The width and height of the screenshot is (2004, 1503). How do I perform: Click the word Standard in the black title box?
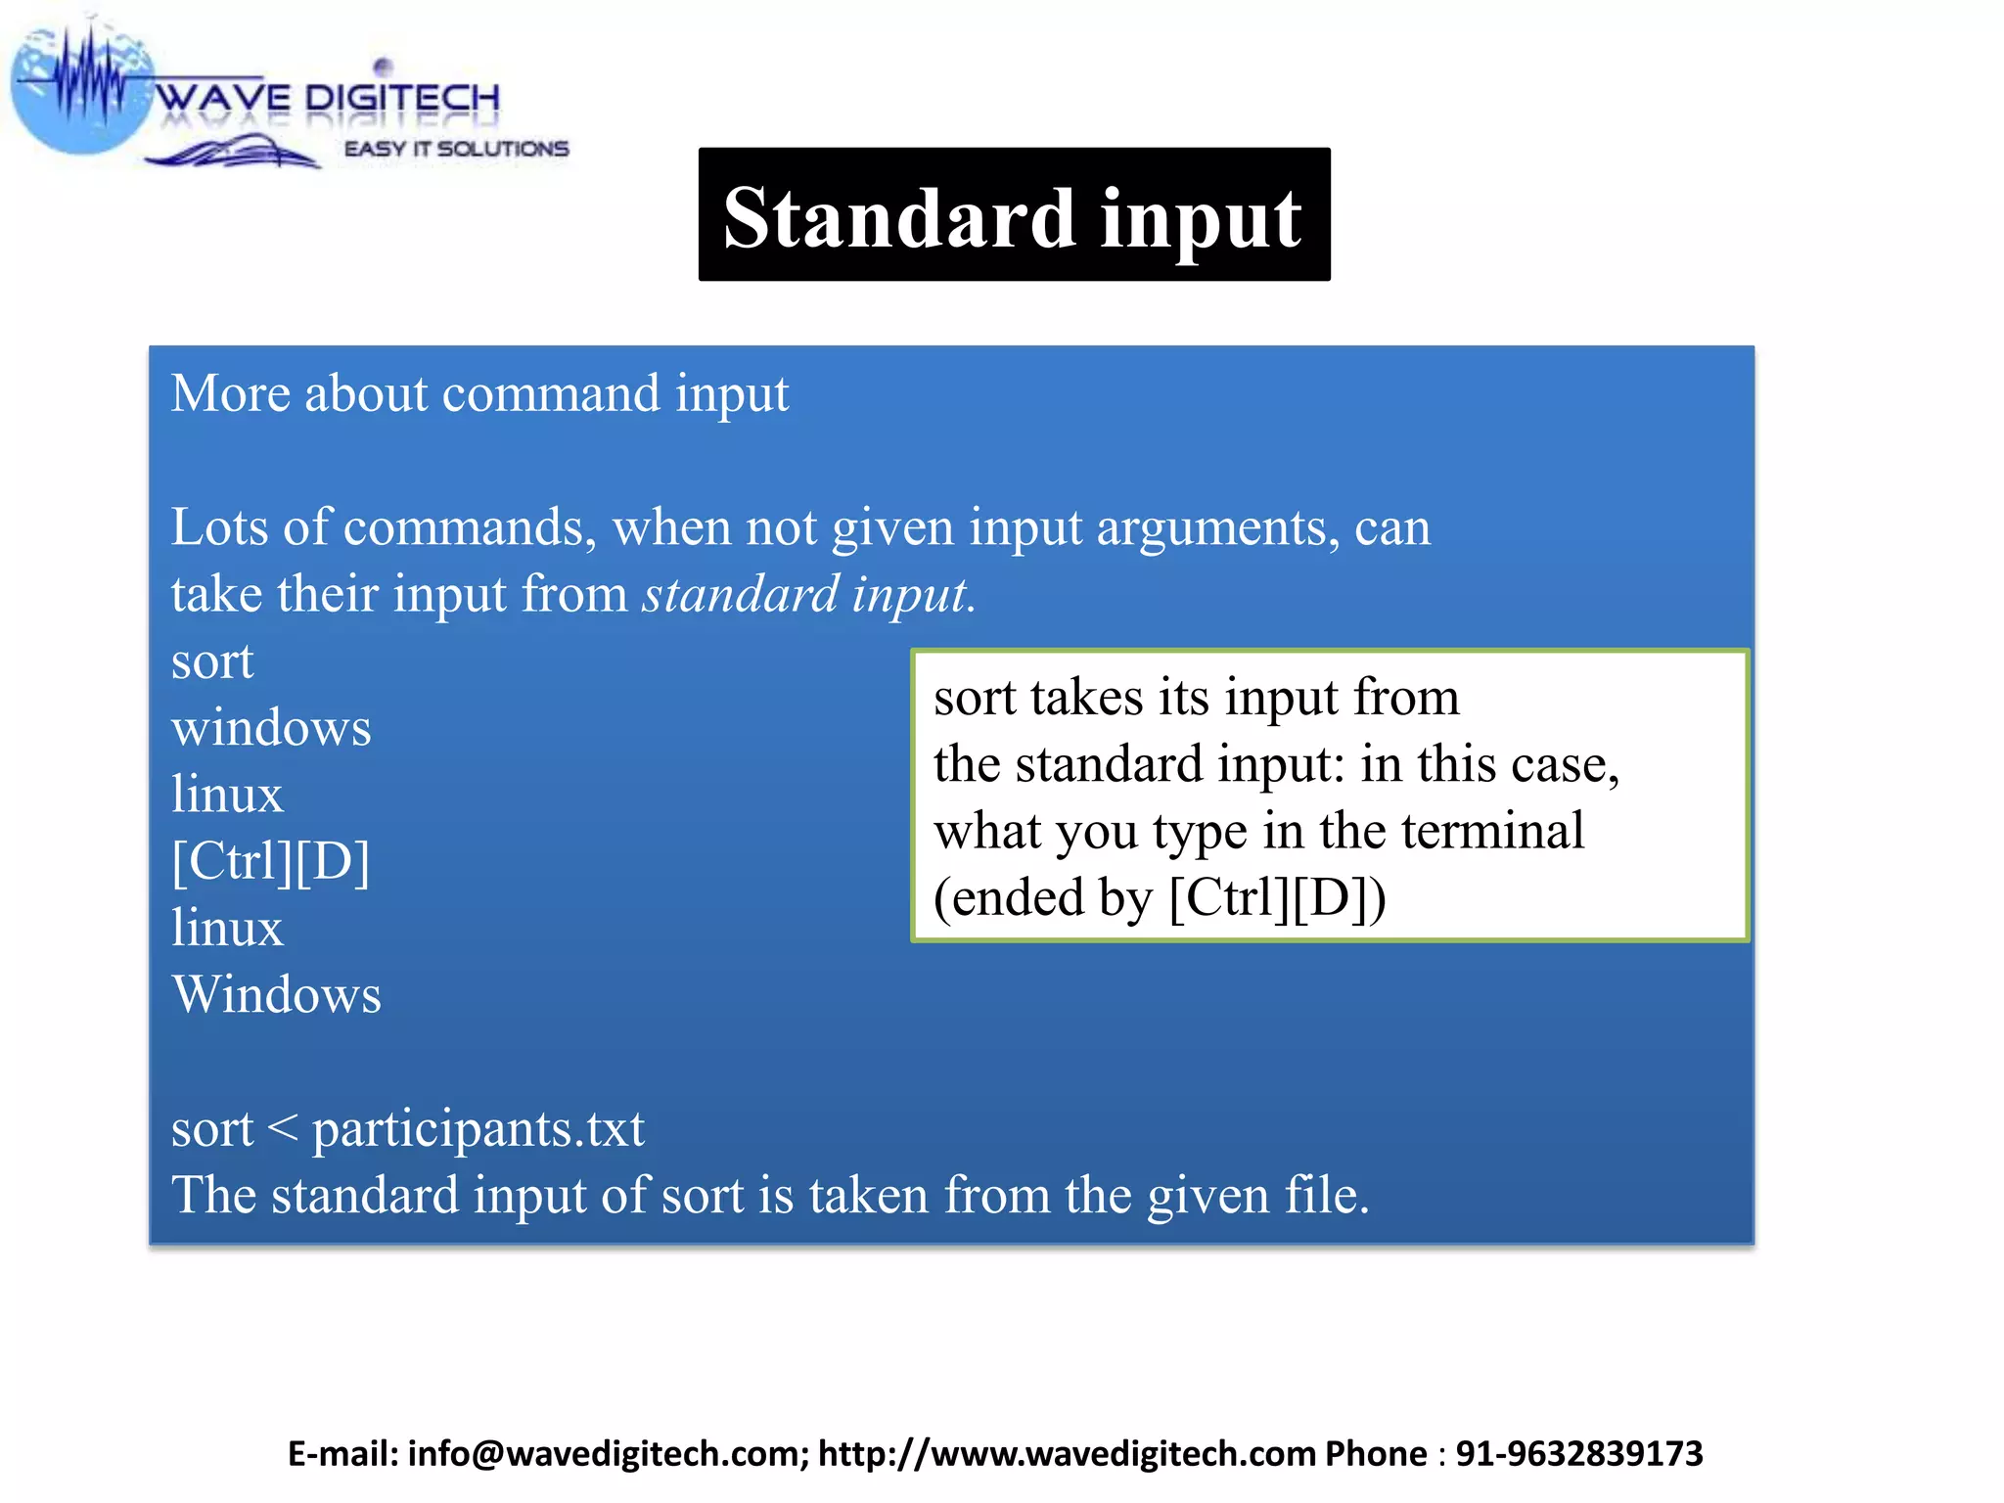898,217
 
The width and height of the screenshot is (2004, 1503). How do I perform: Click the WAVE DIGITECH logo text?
327,98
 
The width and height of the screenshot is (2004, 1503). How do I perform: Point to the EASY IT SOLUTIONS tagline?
456,149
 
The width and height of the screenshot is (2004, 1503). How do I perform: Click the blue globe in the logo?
78,93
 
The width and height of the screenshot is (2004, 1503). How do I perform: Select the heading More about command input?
479,394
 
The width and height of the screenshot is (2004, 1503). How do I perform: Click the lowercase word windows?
271,729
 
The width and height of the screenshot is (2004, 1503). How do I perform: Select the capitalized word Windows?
276,995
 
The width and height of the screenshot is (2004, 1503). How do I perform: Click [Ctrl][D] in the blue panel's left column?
271,862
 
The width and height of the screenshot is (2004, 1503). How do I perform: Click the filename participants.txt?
478,1129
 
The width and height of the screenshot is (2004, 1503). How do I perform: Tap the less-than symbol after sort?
282,1128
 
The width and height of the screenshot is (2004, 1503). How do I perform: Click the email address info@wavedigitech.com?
608,1454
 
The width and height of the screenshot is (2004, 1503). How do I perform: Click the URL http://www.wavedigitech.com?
1067,1454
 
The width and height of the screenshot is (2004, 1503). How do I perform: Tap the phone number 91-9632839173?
1579,1454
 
